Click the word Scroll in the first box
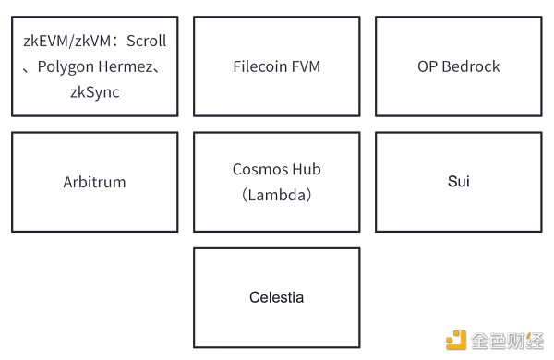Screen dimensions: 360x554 [146, 42]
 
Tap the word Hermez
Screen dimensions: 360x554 [127, 66]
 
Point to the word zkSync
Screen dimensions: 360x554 [94, 92]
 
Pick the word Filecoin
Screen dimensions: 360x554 [262, 66]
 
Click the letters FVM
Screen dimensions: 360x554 [307, 66]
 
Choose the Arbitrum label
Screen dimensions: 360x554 [94, 182]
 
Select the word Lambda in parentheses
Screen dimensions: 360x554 [277, 195]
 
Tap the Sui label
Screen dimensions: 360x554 [458, 182]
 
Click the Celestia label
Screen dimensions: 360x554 [276, 297]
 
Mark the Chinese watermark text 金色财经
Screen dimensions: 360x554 [508, 341]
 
